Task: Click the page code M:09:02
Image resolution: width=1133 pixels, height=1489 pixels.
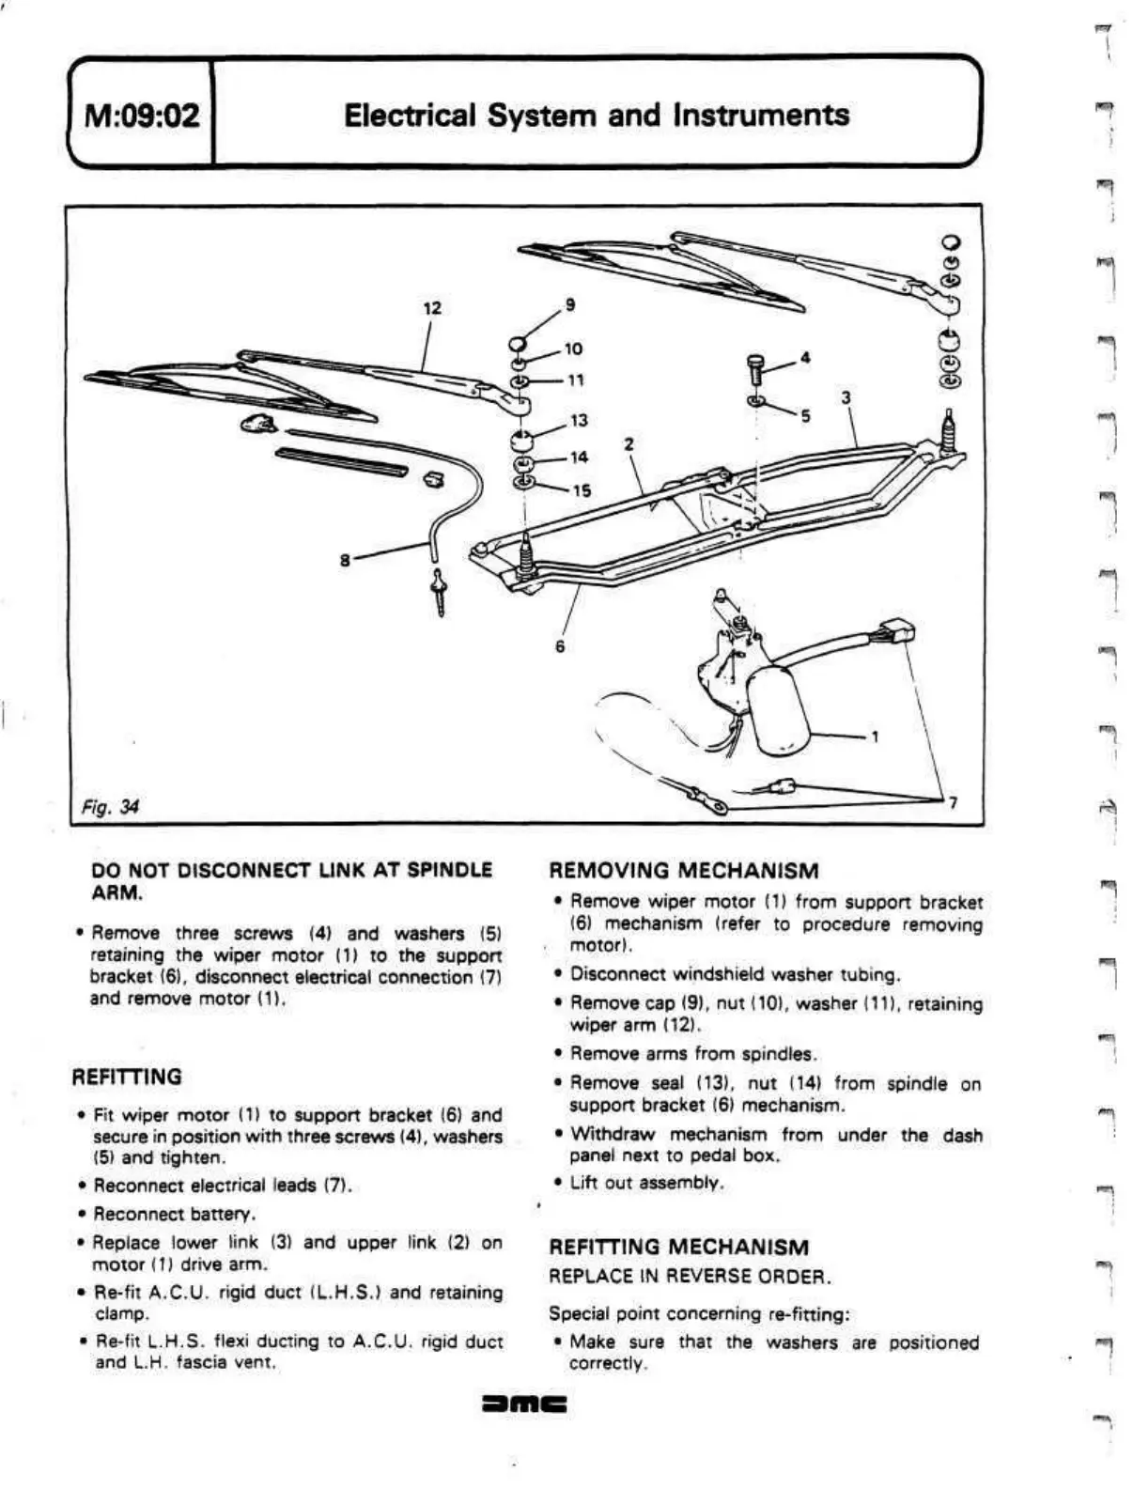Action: tap(143, 116)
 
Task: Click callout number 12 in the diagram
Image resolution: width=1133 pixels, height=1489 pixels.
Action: tap(431, 309)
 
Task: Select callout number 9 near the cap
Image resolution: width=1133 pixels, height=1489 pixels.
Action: tap(568, 304)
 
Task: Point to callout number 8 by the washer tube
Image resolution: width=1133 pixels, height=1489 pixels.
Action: tap(345, 560)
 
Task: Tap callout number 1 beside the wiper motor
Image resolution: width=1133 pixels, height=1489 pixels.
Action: tap(875, 737)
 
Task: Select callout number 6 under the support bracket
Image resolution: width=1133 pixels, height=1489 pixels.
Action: tap(559, 646)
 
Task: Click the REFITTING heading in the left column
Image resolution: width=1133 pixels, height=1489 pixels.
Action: tap(127, 1077)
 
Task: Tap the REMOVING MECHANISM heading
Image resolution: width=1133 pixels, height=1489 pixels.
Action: tap(683, 871)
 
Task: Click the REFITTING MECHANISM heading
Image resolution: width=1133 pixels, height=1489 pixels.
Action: tap(678, 1248)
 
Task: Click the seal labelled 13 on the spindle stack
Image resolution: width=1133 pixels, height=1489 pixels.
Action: tap(522, 441)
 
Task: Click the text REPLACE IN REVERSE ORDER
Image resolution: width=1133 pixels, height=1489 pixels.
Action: tap(690, 1277)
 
